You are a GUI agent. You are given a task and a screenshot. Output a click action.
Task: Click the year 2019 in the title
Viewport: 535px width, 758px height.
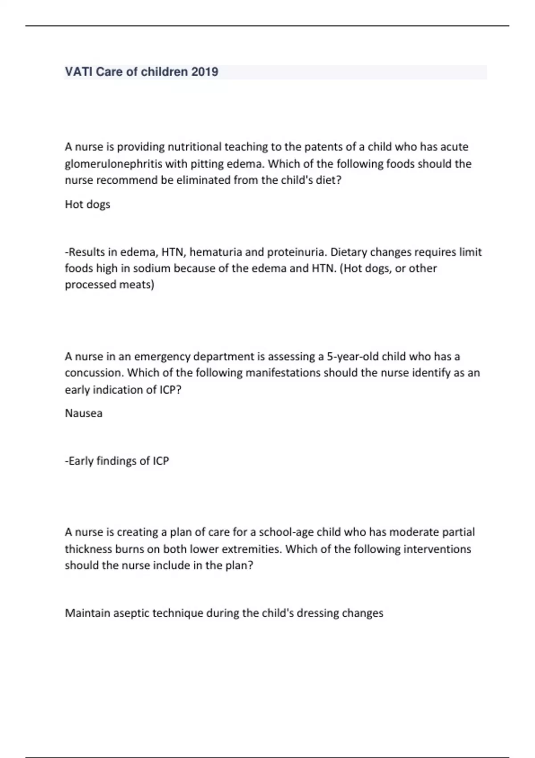pos(205,72)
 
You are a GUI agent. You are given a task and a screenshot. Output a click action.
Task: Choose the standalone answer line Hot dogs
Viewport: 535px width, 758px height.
pos(87,205)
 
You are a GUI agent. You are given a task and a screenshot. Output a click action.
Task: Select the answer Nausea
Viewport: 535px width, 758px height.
pos(84,413)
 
